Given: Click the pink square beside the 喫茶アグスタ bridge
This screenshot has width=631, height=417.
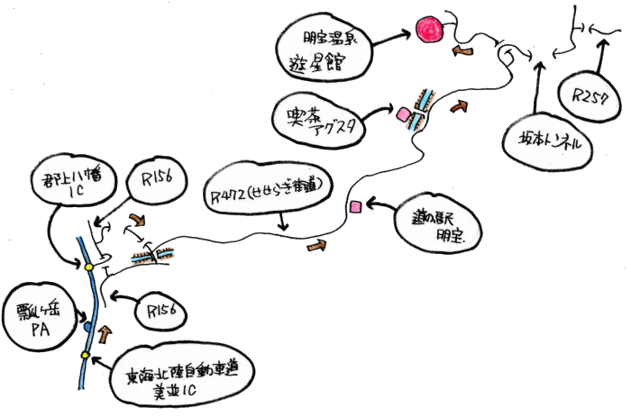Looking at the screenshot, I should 403,114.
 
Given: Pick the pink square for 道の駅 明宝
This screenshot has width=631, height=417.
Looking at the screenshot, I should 356,206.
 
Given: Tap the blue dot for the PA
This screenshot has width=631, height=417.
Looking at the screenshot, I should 87,327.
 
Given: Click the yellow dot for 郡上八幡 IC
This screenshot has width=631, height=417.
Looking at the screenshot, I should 89,267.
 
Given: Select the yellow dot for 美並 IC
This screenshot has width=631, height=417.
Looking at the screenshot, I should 86,355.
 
